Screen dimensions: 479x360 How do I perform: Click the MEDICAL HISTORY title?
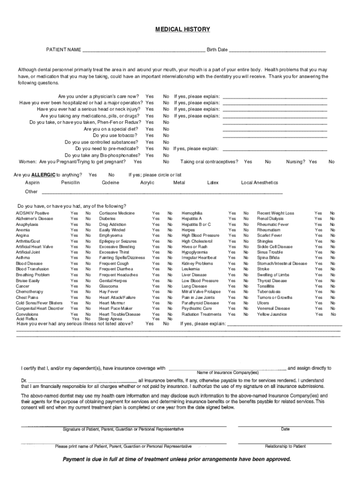(182, 29)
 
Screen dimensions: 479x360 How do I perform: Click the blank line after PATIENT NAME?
(143, 50)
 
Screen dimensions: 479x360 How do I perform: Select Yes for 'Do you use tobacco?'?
(150, 136)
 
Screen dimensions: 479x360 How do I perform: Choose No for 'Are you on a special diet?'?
(166, 129)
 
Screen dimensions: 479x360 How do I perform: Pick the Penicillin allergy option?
(70, 182)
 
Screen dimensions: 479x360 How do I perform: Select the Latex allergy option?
(213, 182)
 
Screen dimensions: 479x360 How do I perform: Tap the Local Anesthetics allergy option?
(259, 182)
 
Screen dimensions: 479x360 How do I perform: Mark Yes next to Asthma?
(74, 258)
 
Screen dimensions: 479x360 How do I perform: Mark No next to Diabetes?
(170, 218)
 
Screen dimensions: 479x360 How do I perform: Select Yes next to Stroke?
(318, 269)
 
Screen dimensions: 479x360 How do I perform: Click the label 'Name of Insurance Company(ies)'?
(227, 373)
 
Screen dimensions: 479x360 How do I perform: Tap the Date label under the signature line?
(285, 429)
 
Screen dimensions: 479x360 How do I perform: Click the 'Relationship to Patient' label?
(285, 446)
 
